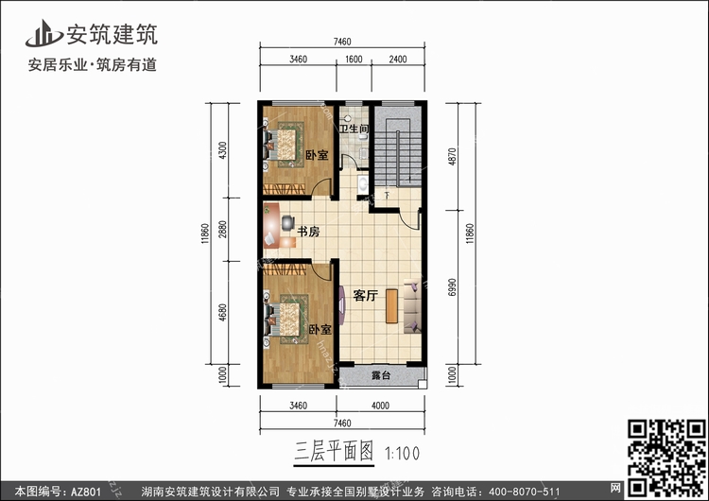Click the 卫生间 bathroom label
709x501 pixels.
(x=354, y=129)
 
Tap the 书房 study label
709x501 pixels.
(x=308, y=232)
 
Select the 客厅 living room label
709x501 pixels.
(x=365, y=295)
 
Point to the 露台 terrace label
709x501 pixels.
(x=381, y=375)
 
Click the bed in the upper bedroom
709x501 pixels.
(x=285, y=145)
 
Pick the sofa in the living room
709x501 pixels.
(x=412, y=305)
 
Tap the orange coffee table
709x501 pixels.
(x=391, y=306)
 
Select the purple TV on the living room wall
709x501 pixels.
(x=342, y=305)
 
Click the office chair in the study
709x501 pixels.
(x=287, y=223)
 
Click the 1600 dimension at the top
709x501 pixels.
(x=354, y=60)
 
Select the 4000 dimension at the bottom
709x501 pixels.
(x=380, y=406)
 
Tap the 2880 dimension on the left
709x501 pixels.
(x=222, y=230)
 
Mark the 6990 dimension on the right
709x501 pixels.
(x=452, y=287)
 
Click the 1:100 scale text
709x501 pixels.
(x=402, y=454)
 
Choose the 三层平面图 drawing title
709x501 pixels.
(x=334, y=452)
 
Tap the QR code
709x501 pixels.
(x=667, y=458)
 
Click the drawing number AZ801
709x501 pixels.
(x=85, y=492)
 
